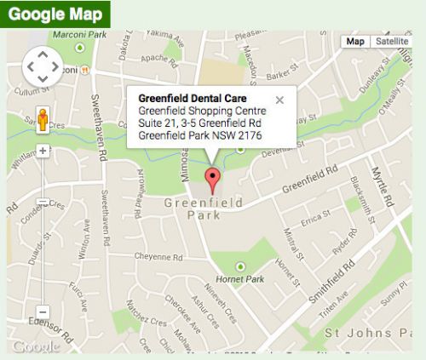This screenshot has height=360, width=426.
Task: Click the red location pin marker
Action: [x=214, y=181]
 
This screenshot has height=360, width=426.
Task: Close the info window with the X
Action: [x=279, y=100]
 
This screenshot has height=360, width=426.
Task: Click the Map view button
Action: [x=354, y=42]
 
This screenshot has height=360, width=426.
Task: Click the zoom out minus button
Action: [x=43, y=312]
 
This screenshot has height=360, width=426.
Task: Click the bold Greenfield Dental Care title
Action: [x=186, y=98]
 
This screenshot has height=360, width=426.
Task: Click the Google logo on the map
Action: [x=35, y=347]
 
